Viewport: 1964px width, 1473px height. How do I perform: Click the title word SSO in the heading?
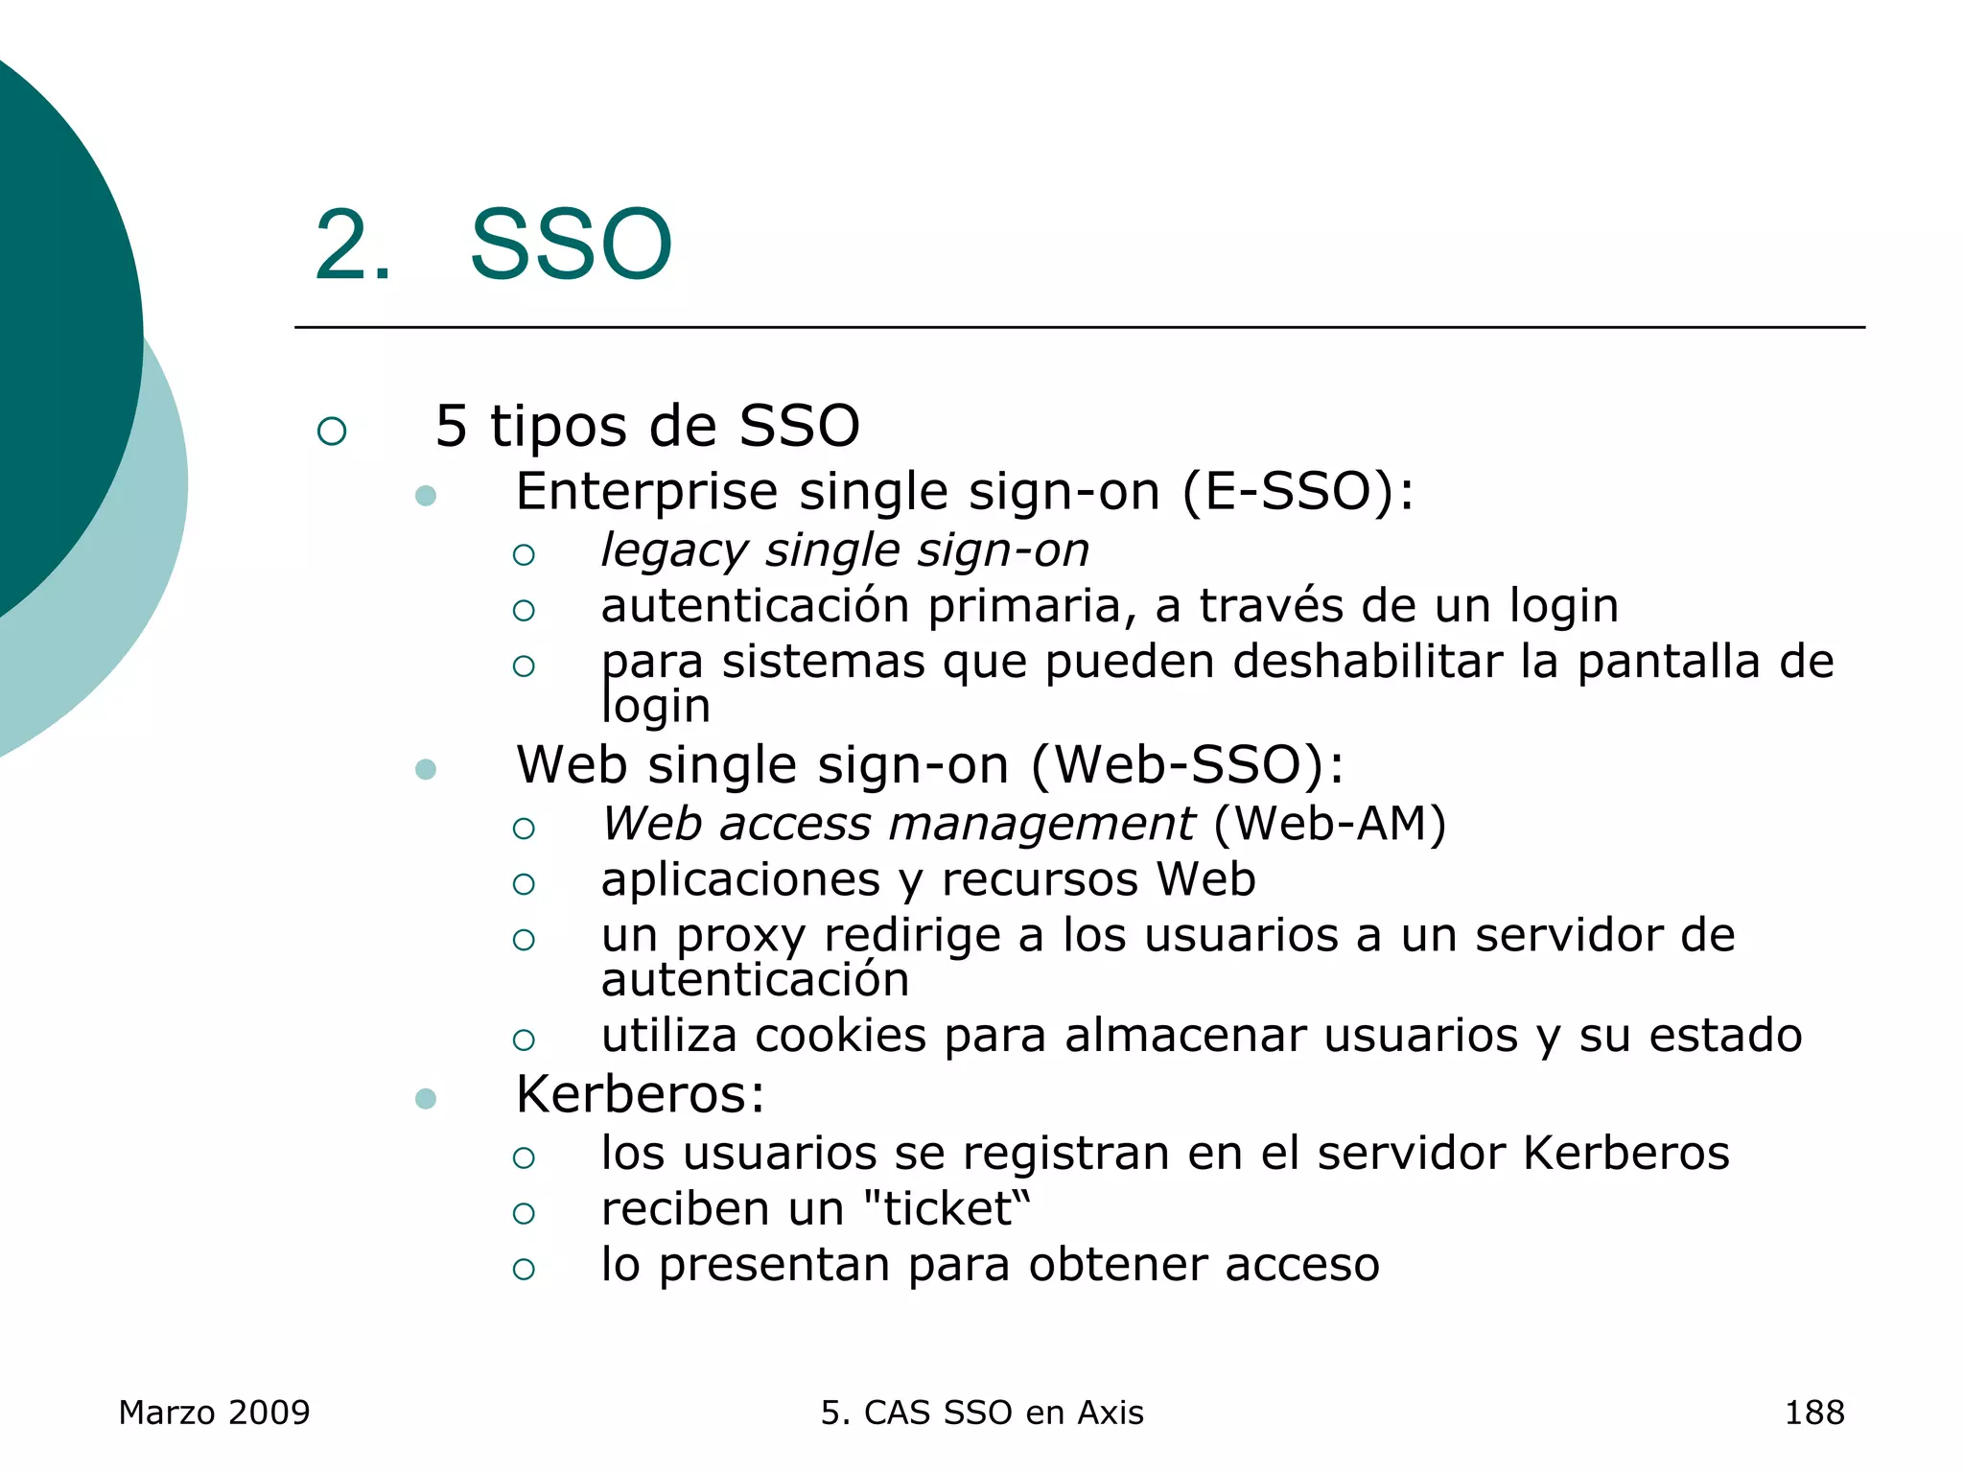(x=571, y=245)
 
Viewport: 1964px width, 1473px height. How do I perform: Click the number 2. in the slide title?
(x=352, y=245)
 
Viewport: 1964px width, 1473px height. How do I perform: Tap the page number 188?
(x=1813, y=1413)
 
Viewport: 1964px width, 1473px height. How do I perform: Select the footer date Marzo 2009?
(x=214, y=1413)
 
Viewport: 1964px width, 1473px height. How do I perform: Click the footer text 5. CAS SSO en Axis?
(x=982, y=1413)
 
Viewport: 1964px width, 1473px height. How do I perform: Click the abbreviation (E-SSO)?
(x=1298, y=492)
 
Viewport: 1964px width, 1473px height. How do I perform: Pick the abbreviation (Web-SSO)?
(x=1187, y=765)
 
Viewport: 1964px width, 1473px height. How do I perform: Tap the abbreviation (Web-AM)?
(x=1329, y=825)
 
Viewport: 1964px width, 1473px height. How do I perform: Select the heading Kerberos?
(x=641, y=1095)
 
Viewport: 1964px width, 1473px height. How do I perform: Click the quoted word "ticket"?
(x=947, y=1209)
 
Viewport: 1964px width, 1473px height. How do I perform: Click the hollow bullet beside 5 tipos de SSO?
(x=332, y=431)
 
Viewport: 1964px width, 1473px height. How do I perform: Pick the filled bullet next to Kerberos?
(x=426, y=1098)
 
